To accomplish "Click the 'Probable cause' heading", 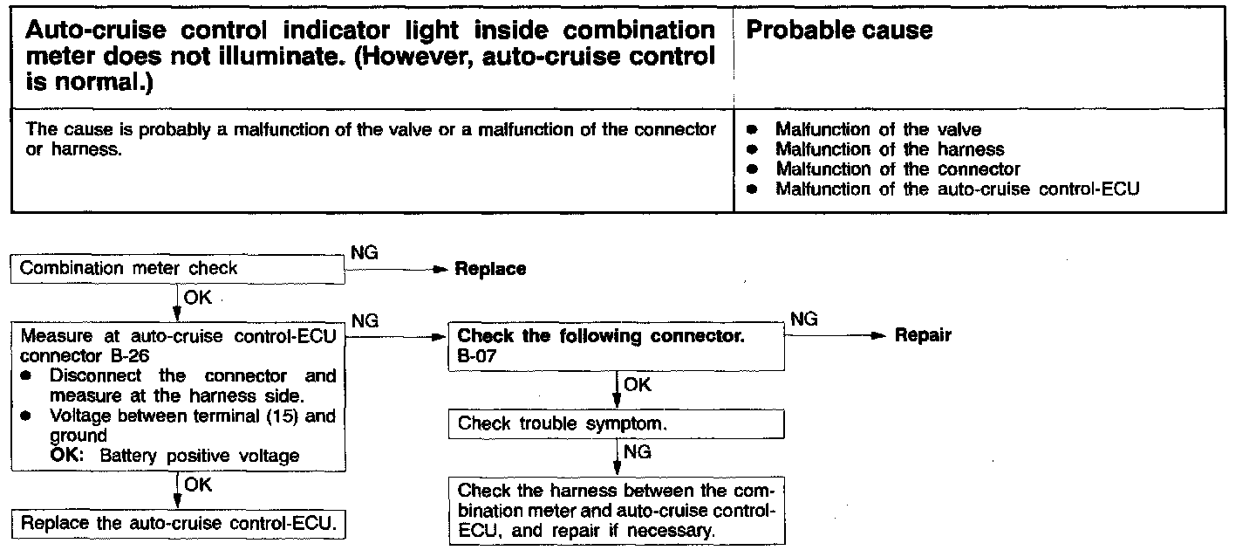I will pos(840,31).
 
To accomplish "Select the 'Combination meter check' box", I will pos(178,269).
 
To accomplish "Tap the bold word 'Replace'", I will pos(490,270).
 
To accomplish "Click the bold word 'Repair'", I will pos(923,335).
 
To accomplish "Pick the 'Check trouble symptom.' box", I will pos(616,425).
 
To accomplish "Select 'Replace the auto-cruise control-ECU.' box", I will pos(178,525).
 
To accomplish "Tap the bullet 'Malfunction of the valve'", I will pos(878,130).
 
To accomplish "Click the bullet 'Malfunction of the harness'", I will pos(890,149).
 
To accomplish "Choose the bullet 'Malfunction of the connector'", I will pos(898,168).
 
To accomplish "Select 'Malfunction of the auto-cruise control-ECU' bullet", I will pos(957,189).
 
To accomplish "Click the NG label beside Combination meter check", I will pos(364,252).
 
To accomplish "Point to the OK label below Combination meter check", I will pos(198,298).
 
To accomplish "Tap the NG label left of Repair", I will pos(803,320).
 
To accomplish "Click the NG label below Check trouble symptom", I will pos(638,452).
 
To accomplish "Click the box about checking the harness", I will pos(616,510).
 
